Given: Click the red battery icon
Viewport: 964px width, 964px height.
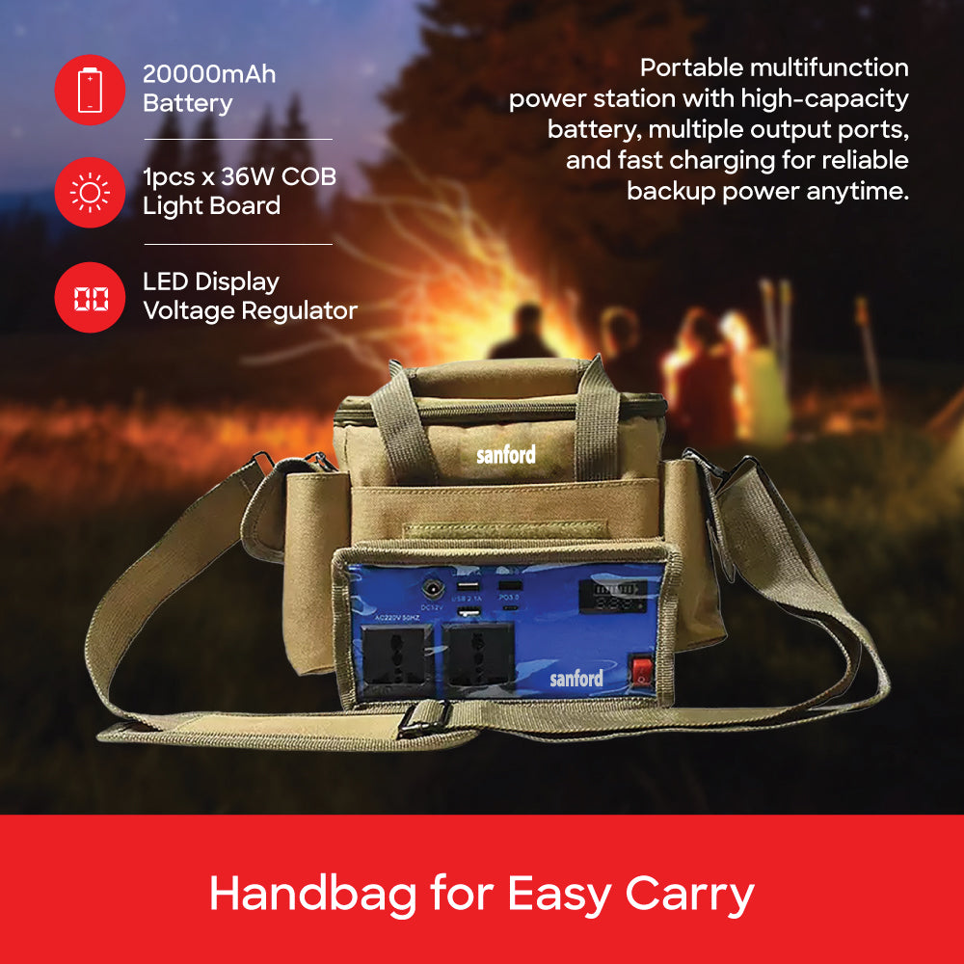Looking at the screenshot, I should [x=90, y=90].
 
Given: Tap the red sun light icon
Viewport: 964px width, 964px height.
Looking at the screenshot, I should [x=90, y=193].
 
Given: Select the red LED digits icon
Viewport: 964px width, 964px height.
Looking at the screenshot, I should [x=90, y=297].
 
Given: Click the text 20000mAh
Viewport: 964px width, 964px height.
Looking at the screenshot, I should [x=209, y=74].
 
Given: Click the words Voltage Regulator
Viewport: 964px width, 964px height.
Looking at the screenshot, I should [x=250, y=310].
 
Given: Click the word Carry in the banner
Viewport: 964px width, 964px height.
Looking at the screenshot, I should [x=690, y=895].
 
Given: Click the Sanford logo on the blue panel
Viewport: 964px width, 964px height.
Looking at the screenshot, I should [x=576, y=679].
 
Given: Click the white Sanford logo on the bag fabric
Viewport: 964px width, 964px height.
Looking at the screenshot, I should [x=505, y=455].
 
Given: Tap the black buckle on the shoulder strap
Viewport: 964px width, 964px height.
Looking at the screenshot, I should [x=426, y=717].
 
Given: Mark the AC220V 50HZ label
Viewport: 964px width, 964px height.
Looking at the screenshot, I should [x=398, y=624].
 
